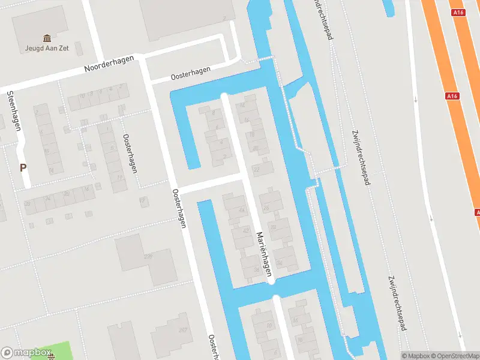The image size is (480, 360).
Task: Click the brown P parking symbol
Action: pyautogui.click(x=23, y=168)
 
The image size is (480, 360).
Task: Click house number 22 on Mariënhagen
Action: pyautogui.click(x=257, y=170)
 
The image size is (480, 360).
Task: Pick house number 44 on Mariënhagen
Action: pyautogui.click(x=242, y=210)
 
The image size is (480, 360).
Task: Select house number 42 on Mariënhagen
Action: pyautogui.click(x=245, y=231)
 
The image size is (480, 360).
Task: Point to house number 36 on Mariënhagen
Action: pyautogui.click(x=256, y=269)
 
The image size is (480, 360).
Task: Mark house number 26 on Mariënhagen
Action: pyautogui.click(x=266, y=207)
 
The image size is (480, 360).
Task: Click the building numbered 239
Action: pyautogui.click(x=148, y=256)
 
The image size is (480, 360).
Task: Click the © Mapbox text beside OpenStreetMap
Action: pyautogui.click(x=413, y=356)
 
